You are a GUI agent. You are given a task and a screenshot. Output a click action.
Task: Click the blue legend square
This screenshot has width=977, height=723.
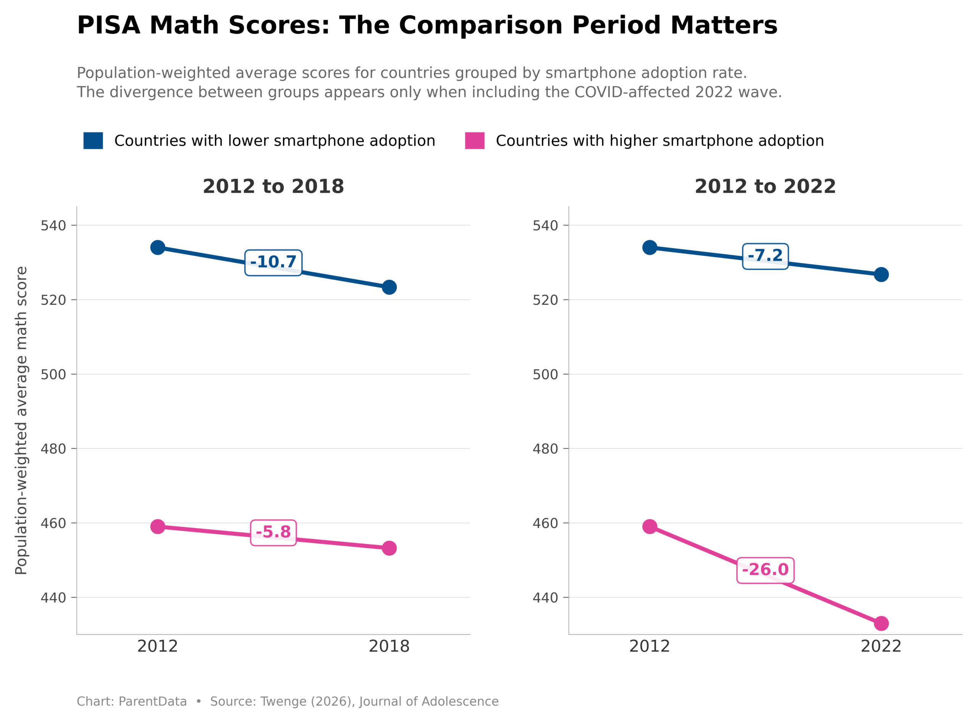pyautogui.click(x=93, y=140)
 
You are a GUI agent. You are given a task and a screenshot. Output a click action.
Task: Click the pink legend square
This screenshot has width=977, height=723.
pyautogui.click(x=474, y=140)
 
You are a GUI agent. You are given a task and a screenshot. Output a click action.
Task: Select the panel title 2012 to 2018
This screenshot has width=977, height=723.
pyautogui.click(x=273, y=187)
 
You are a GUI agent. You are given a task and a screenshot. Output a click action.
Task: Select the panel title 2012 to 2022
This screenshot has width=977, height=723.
pyautogui.click(x=765, y=187)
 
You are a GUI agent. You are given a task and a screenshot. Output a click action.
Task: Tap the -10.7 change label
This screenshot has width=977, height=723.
pyautogui.click(x=273, y=262)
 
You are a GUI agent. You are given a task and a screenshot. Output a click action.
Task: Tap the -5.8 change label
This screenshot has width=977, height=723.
pyautogui.click(x=273, y=532)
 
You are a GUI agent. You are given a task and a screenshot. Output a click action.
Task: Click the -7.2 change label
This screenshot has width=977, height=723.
pyautogui.click(x=765, y=256)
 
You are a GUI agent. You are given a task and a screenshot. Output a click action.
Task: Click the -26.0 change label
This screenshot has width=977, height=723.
pyautogui.click(x=765, y=570)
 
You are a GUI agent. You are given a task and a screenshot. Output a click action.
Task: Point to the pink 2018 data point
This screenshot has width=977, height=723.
pyautogui.click(x=389, y=548)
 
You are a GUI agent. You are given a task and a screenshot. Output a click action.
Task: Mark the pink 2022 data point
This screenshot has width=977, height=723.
pyautogui.click(x=881, y=623)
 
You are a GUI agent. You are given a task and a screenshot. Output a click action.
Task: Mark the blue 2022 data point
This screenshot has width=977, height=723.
pyautogui.click(x=881, y=274)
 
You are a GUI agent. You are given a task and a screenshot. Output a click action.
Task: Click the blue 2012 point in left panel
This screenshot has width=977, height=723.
pyautogui.click(x=158, y=247)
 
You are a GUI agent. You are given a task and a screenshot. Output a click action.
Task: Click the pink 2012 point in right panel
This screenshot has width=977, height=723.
pyautogui.click(x=650, y=526)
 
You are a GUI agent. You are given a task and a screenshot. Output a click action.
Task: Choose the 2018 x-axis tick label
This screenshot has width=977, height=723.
pyautogui.click(x=389, y=646)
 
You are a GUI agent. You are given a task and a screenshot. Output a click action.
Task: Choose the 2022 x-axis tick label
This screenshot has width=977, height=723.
pyautogui.click(x=881, y=646)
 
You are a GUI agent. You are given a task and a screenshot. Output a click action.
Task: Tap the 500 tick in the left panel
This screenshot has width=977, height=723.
pyautogui.click(x=53, y=375)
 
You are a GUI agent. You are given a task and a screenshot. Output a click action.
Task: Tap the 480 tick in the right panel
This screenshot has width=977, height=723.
pyautogui.click(x=545, y=449)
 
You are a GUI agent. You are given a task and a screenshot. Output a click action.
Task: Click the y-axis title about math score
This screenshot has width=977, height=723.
pyautogui.click(x=21, y=420)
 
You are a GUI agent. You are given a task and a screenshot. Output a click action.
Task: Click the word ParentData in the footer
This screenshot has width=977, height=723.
pyautogui.click(x=152, y=702)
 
